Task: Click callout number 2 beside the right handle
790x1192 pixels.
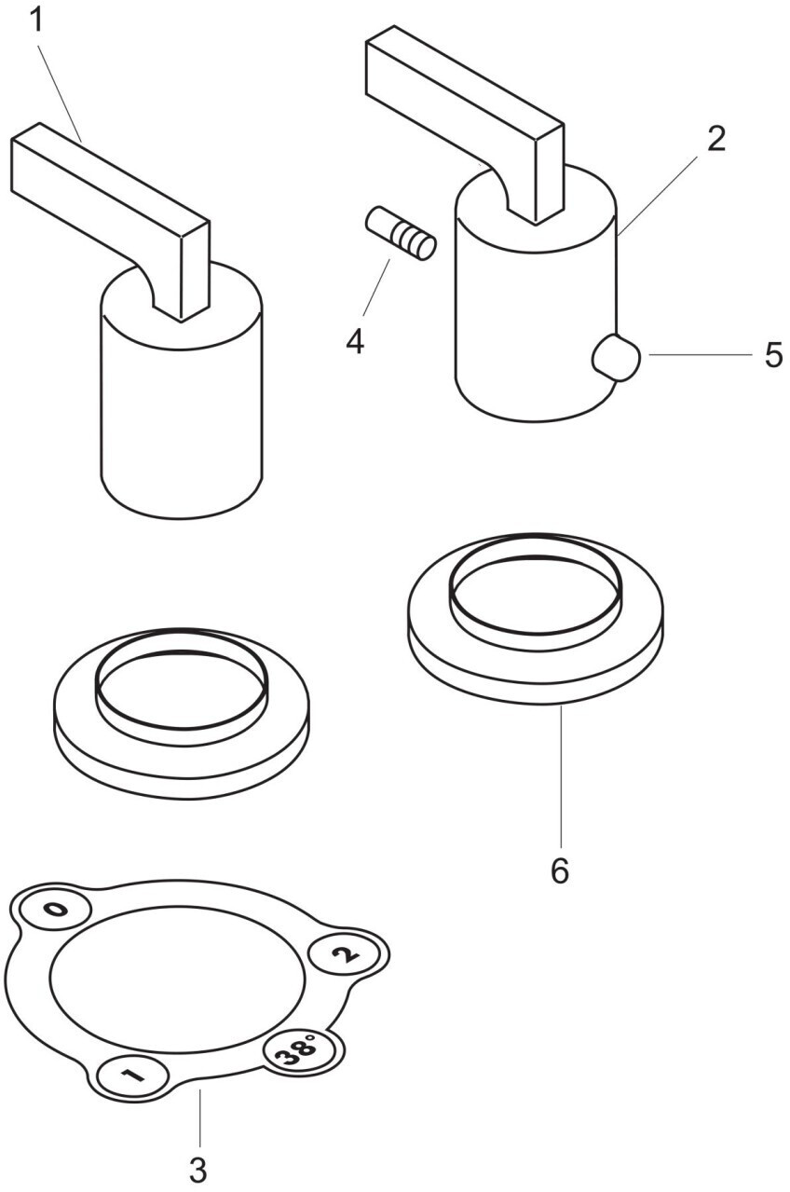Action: coord(716,140)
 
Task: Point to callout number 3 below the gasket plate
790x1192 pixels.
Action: coord(197,1171)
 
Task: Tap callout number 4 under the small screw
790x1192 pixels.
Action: coord(355,341)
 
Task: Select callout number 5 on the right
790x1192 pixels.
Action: coord(774,354)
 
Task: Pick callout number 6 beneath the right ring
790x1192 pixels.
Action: coord(560,871)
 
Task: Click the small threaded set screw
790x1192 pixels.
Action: coord(400,233)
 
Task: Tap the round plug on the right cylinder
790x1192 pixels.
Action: coord(616,357)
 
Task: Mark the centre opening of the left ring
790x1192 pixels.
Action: coord(181,689)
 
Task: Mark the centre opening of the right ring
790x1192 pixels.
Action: coord(535,595)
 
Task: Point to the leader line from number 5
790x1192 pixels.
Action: coord(700,354)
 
